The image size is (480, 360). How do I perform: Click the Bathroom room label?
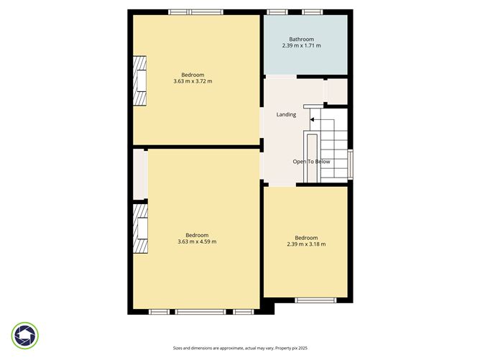[x=301, y=39]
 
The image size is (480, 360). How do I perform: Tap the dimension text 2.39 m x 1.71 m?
[x=301, y=46]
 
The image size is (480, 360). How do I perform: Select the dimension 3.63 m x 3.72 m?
[x=193, y=81]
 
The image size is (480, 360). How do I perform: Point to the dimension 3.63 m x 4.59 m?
[x=197, y=241]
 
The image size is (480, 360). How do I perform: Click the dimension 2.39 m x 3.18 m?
[x=306, y=244]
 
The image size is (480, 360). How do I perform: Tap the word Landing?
[x=286, y=114]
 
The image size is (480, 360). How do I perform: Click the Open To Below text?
[x=311, y=162]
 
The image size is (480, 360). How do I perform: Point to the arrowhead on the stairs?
[x=313, y=119]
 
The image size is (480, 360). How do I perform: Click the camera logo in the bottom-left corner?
[x=25, y=336]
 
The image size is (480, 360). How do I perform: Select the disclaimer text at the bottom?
[x=239, y=348]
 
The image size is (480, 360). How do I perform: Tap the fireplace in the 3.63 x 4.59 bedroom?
[x=140, y=228]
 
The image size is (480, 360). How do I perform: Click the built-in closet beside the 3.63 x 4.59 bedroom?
[x=139, y=173]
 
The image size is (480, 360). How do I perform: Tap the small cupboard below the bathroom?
[x=337, y=91]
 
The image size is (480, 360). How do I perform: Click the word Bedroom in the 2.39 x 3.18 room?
[x=306, y=237]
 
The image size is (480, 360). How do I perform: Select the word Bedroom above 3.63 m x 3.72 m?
[x=193, y=75]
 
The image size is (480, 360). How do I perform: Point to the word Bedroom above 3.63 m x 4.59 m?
[x=197, y=235]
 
